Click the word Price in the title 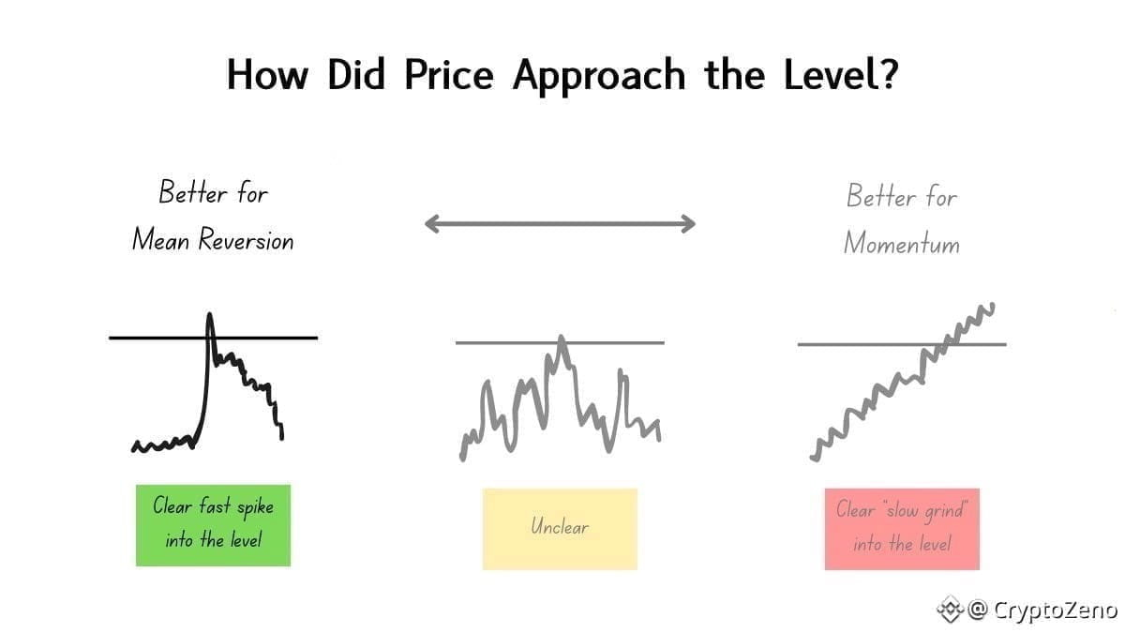(x=448, y=74)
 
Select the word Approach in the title (x=599, y=76)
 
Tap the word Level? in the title (x=841, y=73)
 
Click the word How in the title (x=267, y=74)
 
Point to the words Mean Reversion (x=213, y=239)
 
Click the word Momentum (x=902, y=244)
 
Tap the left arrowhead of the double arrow (x=432, y=223)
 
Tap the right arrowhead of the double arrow (x=688, y=223)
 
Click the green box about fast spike (x=213, y=525)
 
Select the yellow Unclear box (x=560, y=529)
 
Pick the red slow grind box (x=902, y=529)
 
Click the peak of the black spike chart (x=209, y=314)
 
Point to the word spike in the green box (x=255, y=507)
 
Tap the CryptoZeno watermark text (x=1056, y=610)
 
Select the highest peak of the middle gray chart (x=561, y=337)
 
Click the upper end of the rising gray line (x=992, y=305)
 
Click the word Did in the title (x=356, y=74)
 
